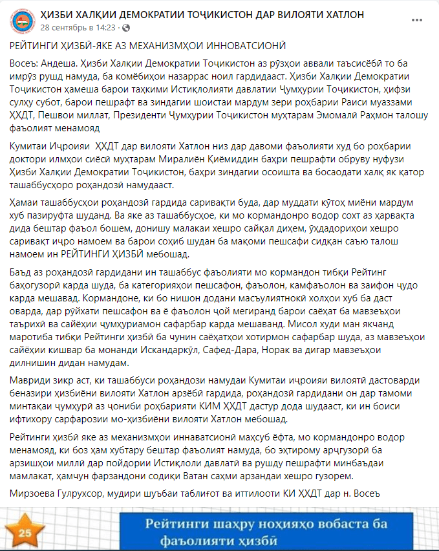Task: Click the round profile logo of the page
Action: coord(23,21)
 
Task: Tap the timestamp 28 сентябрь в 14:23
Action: coord(78,28)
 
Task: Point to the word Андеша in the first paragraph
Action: coord(57,63)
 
